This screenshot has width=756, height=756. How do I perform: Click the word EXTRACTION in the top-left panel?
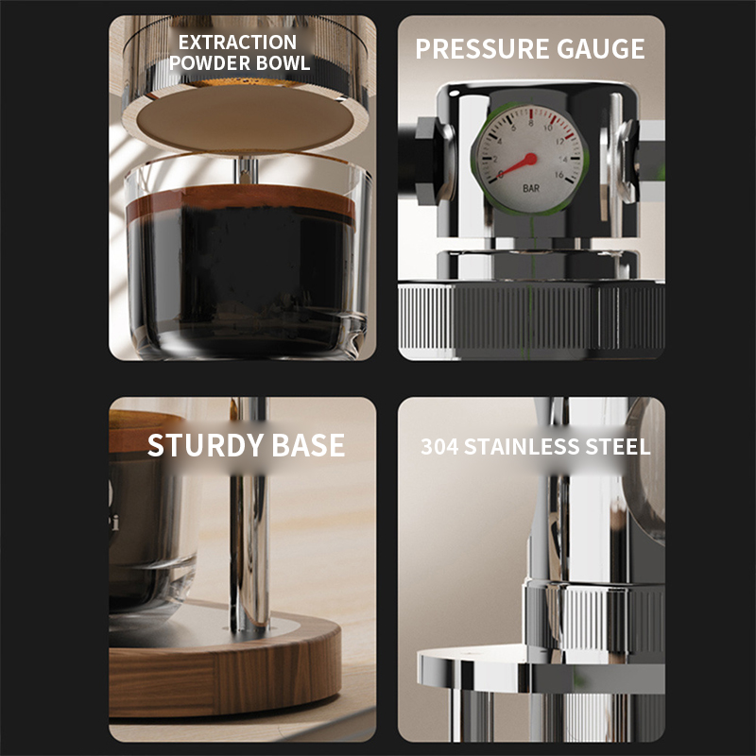point(238,43)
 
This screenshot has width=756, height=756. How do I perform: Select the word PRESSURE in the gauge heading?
point(482,49)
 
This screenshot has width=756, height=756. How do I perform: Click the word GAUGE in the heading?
point(601,49)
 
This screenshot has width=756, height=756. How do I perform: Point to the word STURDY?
point(205,445)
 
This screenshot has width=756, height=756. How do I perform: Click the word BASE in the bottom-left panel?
point(309,445)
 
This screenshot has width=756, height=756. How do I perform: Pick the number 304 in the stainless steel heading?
point(439,446)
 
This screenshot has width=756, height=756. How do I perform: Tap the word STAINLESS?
point(522,446)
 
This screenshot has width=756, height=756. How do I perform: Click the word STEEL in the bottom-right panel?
point(618,446)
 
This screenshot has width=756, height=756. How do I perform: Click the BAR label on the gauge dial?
point(531,188)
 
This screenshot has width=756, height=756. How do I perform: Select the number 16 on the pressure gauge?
point(558,175)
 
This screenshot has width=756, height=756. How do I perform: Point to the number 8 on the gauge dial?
point(531,123)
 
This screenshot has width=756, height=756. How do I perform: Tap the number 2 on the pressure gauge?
point(495,159)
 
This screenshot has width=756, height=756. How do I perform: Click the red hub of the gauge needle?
point(530,159)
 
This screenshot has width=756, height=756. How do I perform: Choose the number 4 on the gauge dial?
point(500,141)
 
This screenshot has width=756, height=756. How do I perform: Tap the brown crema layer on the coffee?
point(241,198)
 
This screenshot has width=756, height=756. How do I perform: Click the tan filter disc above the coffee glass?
point(246,119)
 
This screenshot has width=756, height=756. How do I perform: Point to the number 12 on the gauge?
point(559,142)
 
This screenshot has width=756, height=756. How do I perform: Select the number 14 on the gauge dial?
point(563,159)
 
